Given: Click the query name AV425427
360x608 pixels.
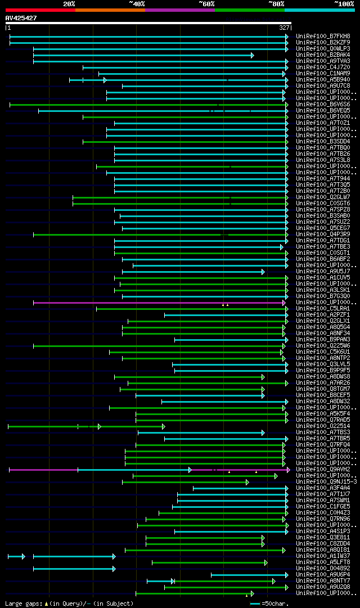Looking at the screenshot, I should pos(21,18).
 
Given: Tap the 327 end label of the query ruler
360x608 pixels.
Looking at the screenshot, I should pos(284,28).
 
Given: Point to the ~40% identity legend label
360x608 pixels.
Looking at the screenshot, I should pos(137,4).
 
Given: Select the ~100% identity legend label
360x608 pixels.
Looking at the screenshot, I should pos(344,4).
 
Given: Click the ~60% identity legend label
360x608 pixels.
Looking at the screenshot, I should pos(206,4).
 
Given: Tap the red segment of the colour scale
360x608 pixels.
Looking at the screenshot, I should pos(40,10).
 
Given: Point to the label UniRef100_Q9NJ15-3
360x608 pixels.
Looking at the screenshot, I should pos(326,481).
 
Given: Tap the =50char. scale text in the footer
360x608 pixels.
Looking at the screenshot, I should pos(276,604).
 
